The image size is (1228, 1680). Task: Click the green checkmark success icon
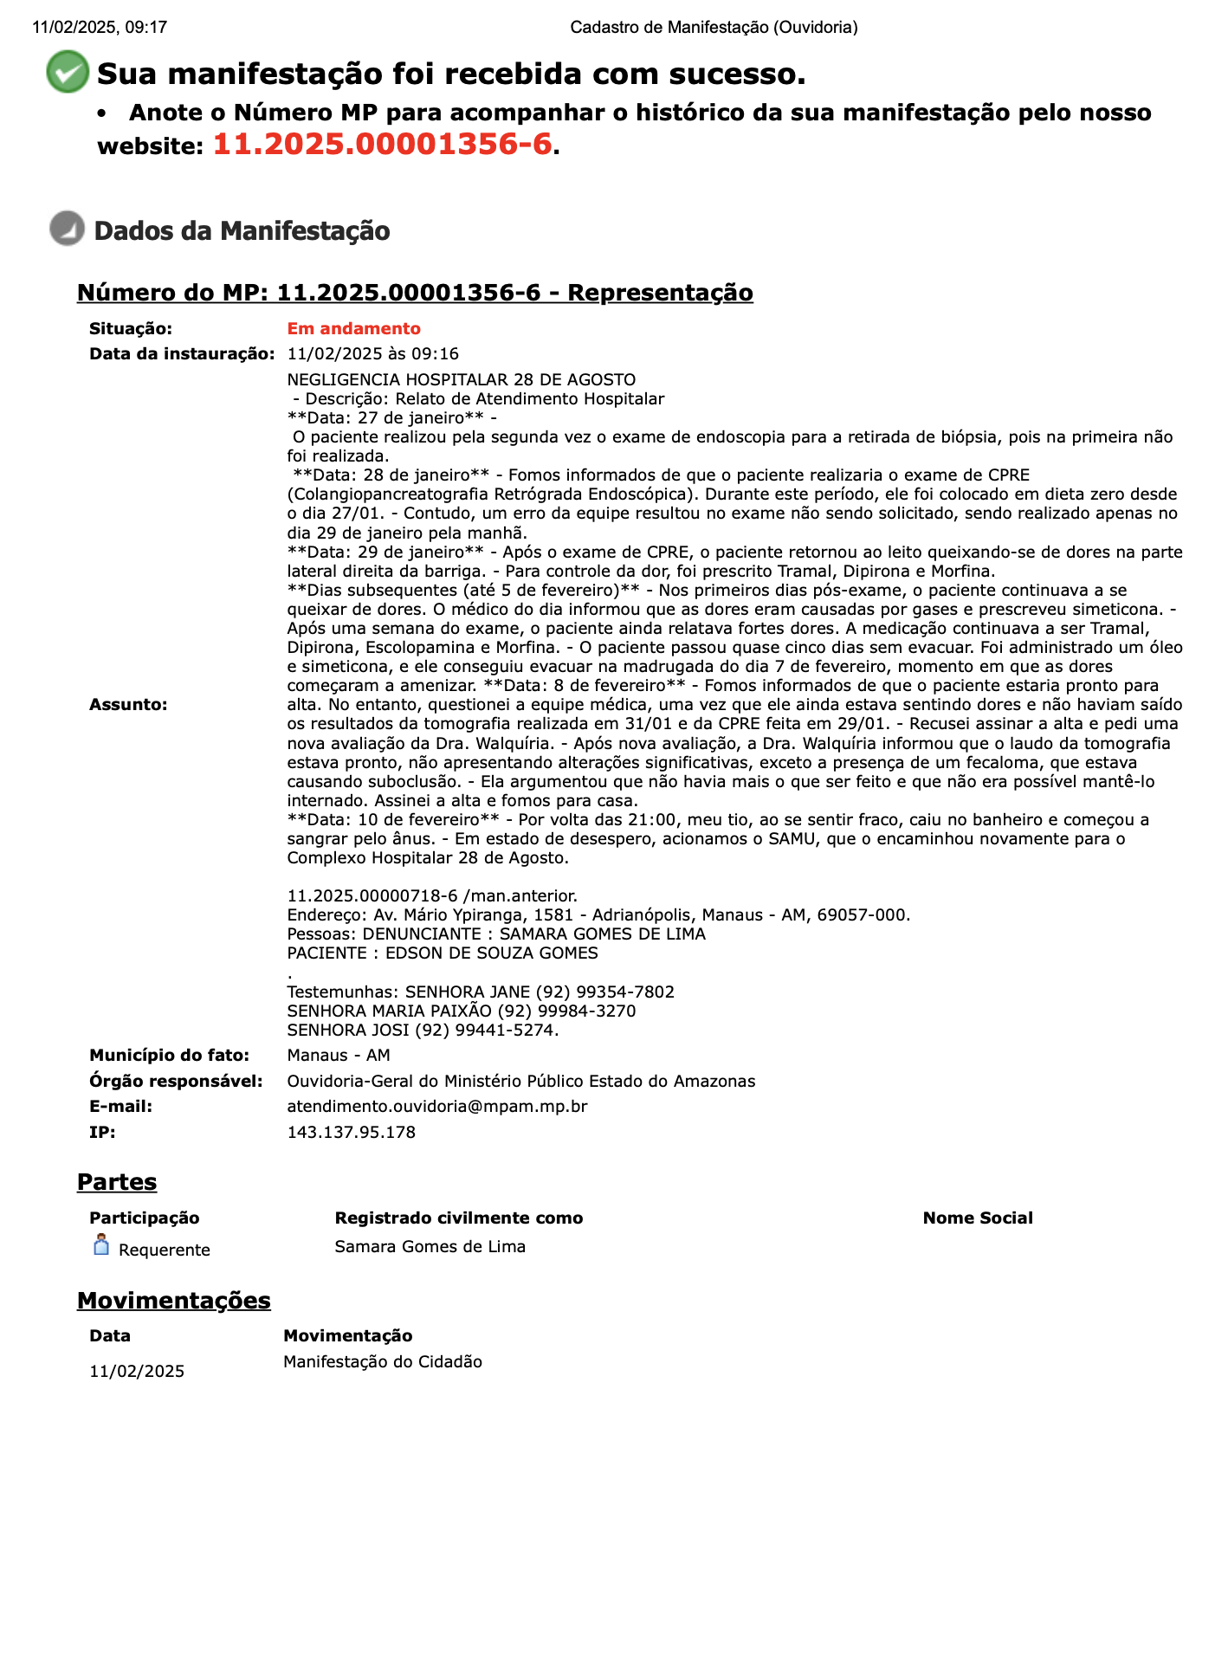point(68,72)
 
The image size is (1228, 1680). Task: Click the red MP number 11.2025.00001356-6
point(382,145)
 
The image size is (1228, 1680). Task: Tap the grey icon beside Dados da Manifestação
point(67,229)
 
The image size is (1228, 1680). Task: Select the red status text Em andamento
point(353,329)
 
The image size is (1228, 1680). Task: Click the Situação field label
point(131,329)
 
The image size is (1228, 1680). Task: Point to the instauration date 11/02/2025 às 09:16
point(372,354)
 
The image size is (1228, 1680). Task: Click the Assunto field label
point(128,705)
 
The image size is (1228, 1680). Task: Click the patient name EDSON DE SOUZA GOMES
point(491,953)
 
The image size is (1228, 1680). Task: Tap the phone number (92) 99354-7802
point(604,992)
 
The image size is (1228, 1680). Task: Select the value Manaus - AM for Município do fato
point(339,1056)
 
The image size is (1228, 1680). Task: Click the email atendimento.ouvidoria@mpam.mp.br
point(437,1107)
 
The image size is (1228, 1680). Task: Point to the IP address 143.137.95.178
point(351,1133)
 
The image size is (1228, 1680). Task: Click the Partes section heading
point(117,1182)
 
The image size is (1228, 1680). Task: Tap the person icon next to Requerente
point(101,1245)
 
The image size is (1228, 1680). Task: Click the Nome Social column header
point(978,1218)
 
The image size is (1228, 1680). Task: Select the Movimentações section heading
point(173,1301)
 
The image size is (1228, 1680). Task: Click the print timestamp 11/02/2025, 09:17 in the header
point(100,28)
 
